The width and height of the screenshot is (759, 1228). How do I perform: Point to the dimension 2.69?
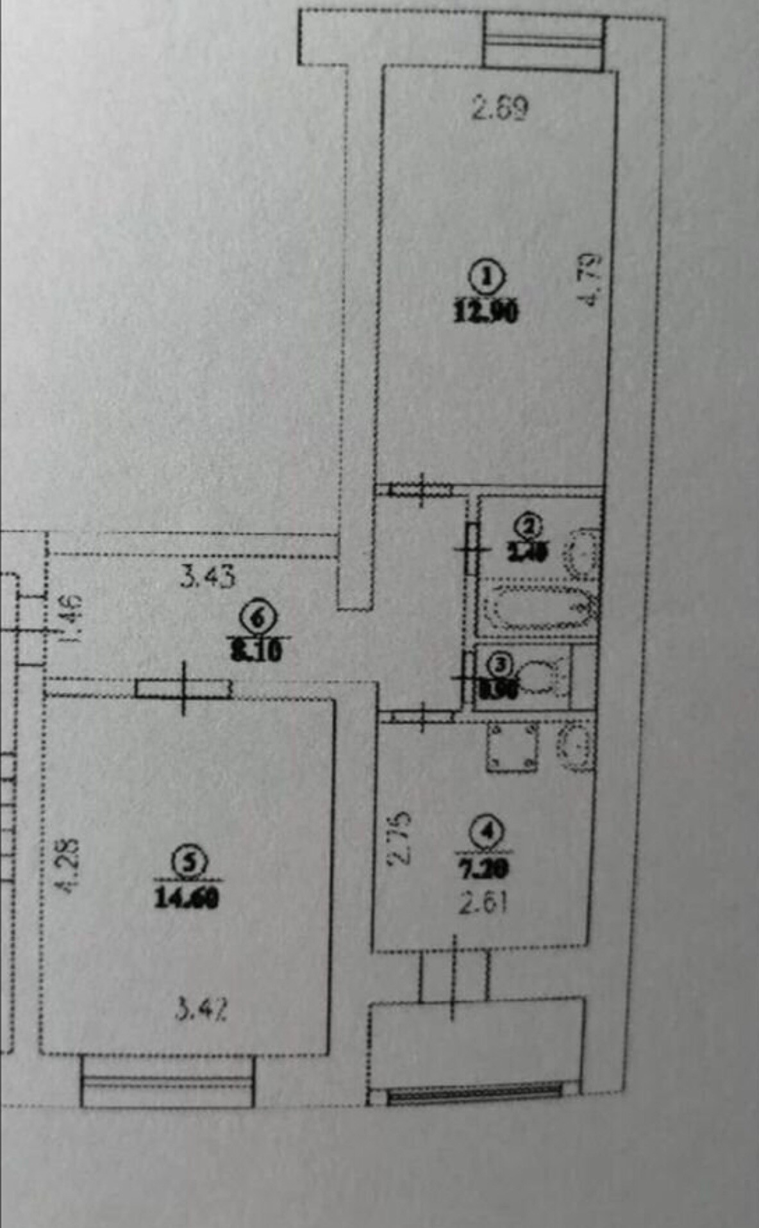[x=499, y=108]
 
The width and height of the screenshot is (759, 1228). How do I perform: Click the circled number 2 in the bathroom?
[x=530, y=527]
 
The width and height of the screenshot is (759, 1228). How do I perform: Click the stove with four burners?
[x=512, y=747]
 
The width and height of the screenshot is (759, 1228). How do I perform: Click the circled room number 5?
[x=188, y=862]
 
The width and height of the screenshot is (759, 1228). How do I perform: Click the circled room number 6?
[x=258, y=619]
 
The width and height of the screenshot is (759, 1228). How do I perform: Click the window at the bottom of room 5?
[x=168, y=1081]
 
